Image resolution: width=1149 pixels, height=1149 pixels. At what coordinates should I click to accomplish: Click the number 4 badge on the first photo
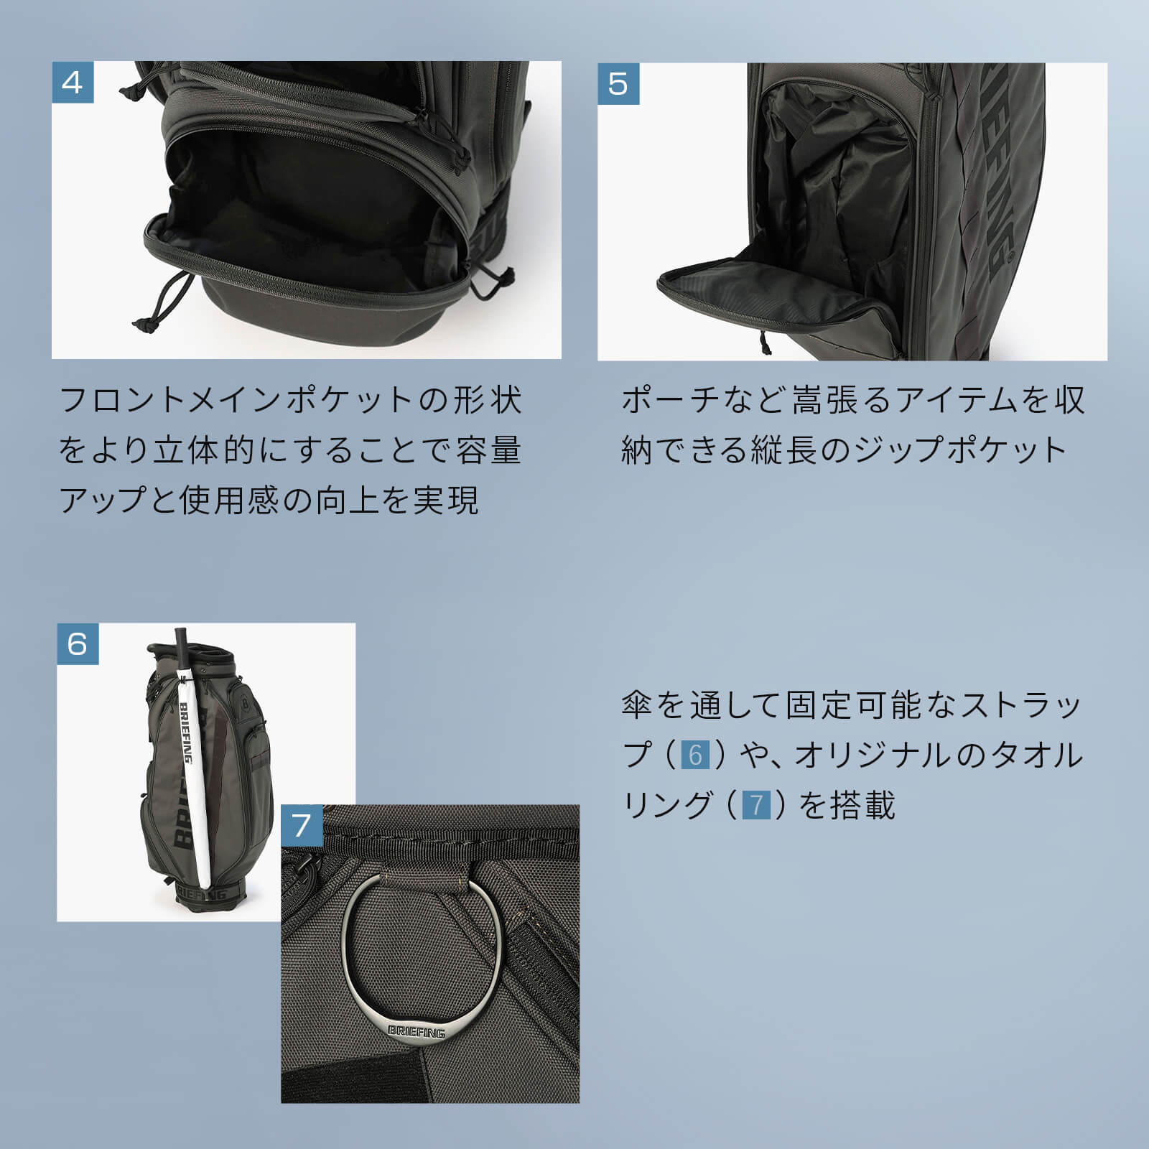tap(73, 83)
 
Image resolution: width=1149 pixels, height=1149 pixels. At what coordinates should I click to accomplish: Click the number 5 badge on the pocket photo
tap(618, 84)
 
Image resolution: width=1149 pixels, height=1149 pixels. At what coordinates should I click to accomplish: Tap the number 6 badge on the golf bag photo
tap(78, 643)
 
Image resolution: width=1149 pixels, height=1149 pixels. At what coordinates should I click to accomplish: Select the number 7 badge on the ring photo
tap(302, 825)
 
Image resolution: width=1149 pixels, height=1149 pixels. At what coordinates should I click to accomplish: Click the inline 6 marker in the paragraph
tap(694, 755)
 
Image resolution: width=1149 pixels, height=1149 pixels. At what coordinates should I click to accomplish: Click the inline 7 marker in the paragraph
tap(756, 805)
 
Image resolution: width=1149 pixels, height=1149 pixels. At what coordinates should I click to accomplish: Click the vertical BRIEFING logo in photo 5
tap(1000, 172)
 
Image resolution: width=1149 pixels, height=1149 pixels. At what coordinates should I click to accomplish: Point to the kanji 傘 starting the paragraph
tap(637, 706)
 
